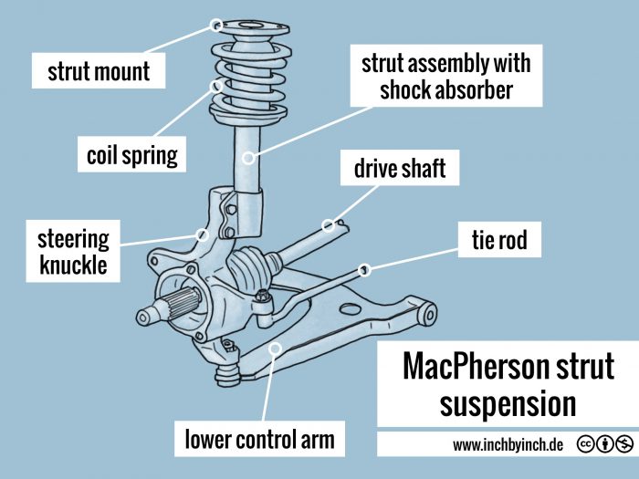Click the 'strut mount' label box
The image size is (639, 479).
[99, 70]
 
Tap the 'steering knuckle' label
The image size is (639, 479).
[73, 252]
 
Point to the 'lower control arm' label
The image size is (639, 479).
[260, 440]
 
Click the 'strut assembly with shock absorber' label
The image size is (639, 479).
[445, 77]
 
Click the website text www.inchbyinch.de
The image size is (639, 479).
[508, 445]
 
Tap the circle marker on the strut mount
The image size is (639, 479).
[216, 25]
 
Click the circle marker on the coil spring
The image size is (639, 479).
[217, 87]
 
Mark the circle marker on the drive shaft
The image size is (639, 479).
[327, 224]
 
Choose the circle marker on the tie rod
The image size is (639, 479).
[364, 269]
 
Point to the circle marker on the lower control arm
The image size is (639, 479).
[276, 347]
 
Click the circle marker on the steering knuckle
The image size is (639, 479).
[203, 234]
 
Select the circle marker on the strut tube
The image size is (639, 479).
[247, 158]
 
